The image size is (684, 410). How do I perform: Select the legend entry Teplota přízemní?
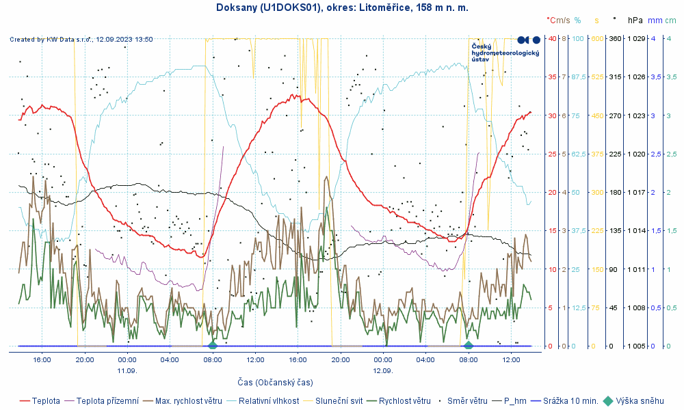pyautogui.click(x=107, y=401)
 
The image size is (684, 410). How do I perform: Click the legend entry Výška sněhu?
pyautogui.click(x=640, y=401)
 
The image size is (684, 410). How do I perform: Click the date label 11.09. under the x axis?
pyautogui.click(x=127, y=370)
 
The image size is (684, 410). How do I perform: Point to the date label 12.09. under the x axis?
pyautogui.click(x=383, y=370)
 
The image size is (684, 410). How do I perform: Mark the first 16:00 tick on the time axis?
pyautogui.click(x=42, y=359)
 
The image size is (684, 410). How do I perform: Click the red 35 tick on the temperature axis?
pyautogui.click(x=552, y=77)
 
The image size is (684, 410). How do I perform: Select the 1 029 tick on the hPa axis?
pyautogui.click(x=637, y=38)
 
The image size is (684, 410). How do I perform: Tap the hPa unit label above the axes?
pyautogui.click(x=636, y=20)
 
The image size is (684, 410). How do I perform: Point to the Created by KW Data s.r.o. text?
pyautogui.click(x=81, y=40)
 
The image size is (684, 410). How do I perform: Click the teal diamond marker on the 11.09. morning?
pyautogui.click(x=213, y=345)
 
